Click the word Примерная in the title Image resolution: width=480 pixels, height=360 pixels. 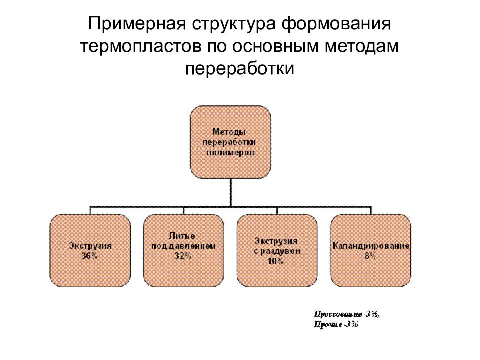137,24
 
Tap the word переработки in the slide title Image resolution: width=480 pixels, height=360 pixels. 239,69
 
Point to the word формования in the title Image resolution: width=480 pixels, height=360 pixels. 336,24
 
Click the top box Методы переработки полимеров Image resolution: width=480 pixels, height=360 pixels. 231,142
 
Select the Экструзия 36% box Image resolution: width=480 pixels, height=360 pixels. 90,250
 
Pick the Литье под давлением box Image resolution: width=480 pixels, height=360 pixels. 183,250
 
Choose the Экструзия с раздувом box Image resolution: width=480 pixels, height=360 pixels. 277,250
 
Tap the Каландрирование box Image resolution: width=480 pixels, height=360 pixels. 371,250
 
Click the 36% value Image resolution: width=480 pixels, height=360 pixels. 89,256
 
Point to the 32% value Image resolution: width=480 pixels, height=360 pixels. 183,256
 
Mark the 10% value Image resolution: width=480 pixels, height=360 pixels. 276,261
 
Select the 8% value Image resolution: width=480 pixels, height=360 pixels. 370,256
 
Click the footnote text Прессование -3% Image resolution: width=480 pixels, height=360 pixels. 347,314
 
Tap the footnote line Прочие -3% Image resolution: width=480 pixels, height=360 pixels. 336,325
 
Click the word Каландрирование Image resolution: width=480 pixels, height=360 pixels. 371,246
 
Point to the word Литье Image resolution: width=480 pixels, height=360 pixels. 182,236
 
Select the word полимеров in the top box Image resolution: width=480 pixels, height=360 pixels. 230,153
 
